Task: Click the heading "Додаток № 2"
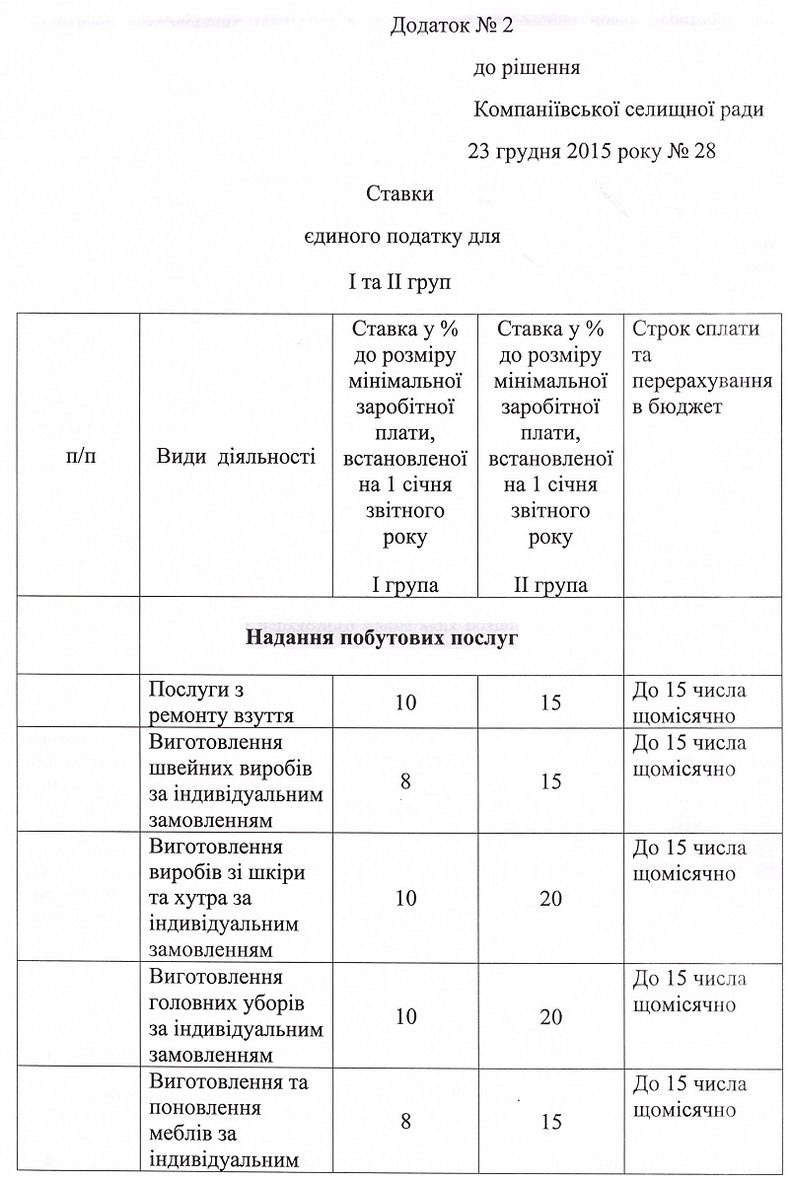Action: [452, 27]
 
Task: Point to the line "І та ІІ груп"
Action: [399, 282]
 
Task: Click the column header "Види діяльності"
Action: [236, 456]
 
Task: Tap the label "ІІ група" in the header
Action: [550, 584]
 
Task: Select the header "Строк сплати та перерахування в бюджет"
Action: [700, 368]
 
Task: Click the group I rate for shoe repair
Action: [404, 702]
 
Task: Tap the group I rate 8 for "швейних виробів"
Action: [404, 781]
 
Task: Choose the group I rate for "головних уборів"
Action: [404, 1016]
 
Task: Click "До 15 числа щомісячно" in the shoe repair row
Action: [688, 702]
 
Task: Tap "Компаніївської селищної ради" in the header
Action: [618, 110]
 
